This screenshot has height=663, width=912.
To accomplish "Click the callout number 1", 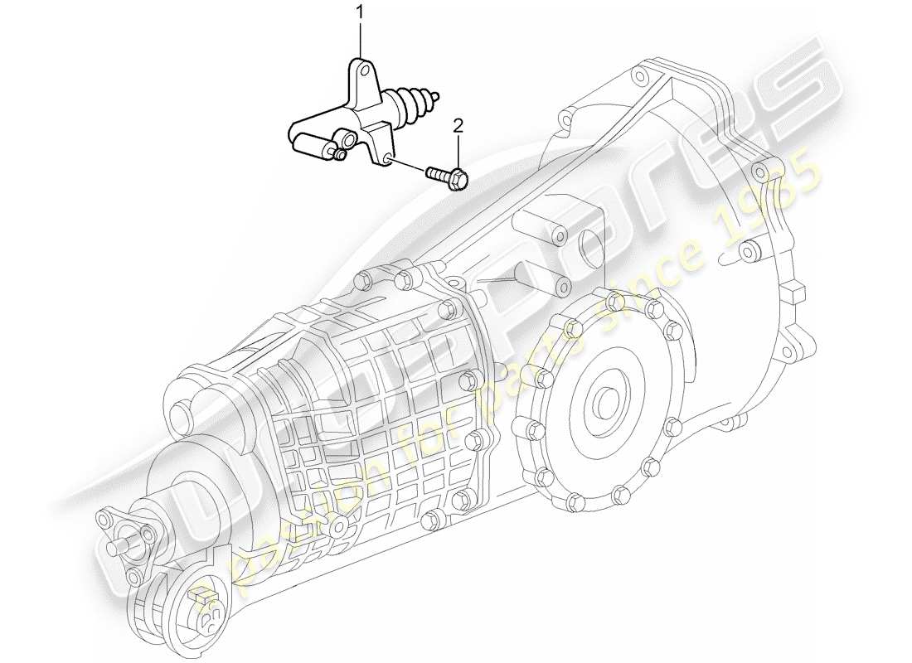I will click(x=360, y=12).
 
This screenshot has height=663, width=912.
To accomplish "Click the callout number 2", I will click(x=458, y=125).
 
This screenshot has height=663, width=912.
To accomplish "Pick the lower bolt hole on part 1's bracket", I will click(x=388, y=157).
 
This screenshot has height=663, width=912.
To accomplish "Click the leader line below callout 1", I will click(x=360, y=37).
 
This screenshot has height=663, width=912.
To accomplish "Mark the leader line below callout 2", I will click(x=458, y=149).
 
